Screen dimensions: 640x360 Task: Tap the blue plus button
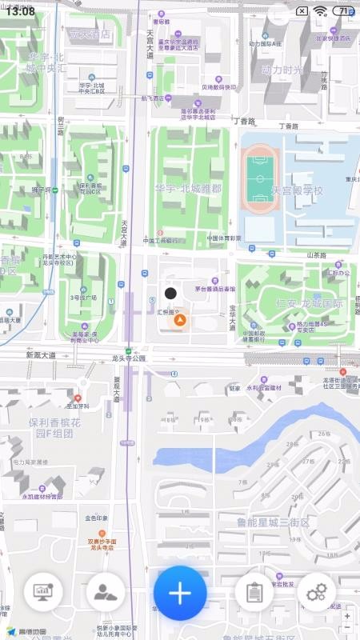tap(180, 593)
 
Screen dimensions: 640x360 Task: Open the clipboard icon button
tap(254, 592)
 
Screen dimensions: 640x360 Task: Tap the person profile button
tap(106, 592)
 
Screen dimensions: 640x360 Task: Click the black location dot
tap(170, 294)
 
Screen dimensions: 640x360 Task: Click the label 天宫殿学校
tap(296, 191)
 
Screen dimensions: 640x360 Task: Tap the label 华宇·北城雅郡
tap(189, 190)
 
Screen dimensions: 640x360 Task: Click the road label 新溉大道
tap(41, 355)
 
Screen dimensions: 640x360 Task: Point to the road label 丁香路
tap(243, 122)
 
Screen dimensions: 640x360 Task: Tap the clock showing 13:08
tap(19, 11)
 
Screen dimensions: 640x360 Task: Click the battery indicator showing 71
tap(345, 11)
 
